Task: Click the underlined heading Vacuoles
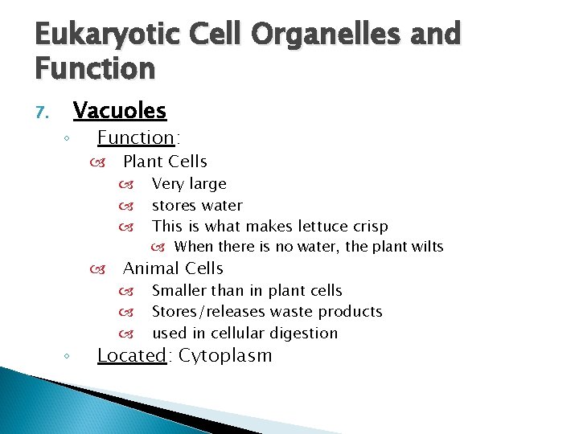pos(119,110)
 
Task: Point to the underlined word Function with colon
pos(136,137)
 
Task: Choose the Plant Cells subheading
pos(165,162)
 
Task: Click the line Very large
pos(189,184)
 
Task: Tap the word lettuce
pos(312,227)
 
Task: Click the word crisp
pos(368,227)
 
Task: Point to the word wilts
pos(426,247)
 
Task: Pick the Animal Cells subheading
pos(173,268)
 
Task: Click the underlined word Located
pos(132,355)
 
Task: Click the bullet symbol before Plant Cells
pos(99,162)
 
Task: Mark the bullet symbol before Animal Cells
pos(99,269)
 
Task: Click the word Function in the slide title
pos(95,68)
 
